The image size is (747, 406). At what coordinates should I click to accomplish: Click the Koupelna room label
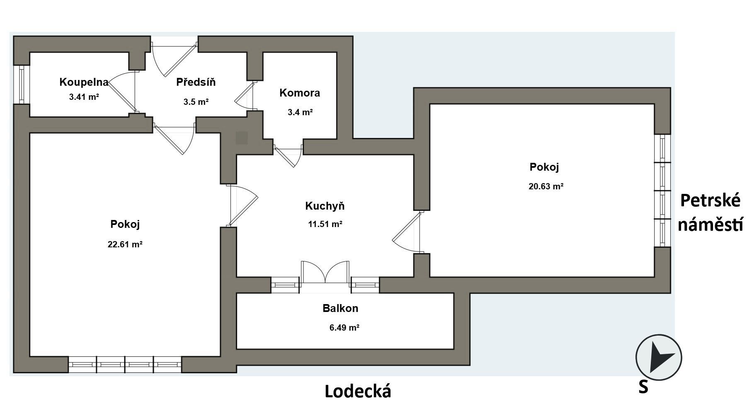[84, 82]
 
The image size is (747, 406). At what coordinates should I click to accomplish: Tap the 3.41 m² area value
[84, 97]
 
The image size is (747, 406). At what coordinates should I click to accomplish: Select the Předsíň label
[196, 82]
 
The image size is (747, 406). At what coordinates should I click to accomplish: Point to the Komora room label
[300, 93]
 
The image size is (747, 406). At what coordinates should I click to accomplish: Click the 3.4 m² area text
[300, 112]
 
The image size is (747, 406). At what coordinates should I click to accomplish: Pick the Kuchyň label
[325, 205]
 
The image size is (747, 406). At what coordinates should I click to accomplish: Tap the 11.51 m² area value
[325, 224]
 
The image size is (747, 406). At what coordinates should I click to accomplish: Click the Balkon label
[340, 308]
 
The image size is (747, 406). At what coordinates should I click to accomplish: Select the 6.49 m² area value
[344, 328]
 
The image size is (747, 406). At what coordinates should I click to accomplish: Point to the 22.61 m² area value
[125, 244]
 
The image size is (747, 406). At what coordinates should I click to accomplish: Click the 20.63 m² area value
[546, 186]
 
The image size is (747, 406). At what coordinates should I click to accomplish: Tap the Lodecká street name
[358, 391]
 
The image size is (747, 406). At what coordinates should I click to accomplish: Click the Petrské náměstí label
[711, 213]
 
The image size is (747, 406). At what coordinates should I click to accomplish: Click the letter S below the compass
[643, 387]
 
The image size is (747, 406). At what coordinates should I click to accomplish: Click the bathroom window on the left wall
[21, 85]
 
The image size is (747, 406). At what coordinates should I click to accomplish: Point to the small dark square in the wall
[242, 138]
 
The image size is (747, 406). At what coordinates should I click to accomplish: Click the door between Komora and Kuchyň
[289, 155]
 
